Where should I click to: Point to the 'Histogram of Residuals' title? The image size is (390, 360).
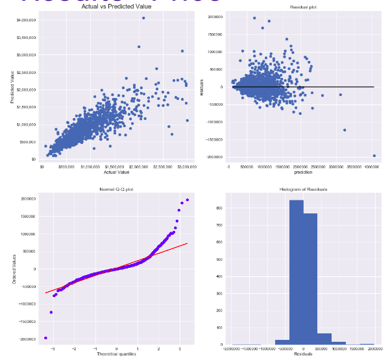(x=301, y=190)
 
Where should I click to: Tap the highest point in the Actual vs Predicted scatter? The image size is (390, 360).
(x=143, y=18)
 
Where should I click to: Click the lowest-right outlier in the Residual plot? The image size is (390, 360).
(x=374, y=156)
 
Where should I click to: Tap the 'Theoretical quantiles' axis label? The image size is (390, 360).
(x=117, y=354)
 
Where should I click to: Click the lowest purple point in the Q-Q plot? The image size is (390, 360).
(x=45, y=338)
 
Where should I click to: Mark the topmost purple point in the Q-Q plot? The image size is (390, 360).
(x=188, y=200)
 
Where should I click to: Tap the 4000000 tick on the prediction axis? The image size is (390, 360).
(x=372, y=167)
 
